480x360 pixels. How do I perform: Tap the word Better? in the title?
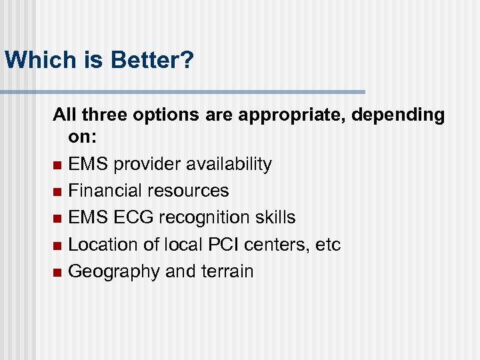[153, 60]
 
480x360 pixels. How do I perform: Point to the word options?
[166, 115]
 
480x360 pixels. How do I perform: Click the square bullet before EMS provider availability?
[57, 165]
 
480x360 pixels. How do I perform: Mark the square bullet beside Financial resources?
[57, 192]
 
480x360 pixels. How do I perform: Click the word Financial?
[103, 191]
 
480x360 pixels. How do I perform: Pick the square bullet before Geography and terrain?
[57, 273]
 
